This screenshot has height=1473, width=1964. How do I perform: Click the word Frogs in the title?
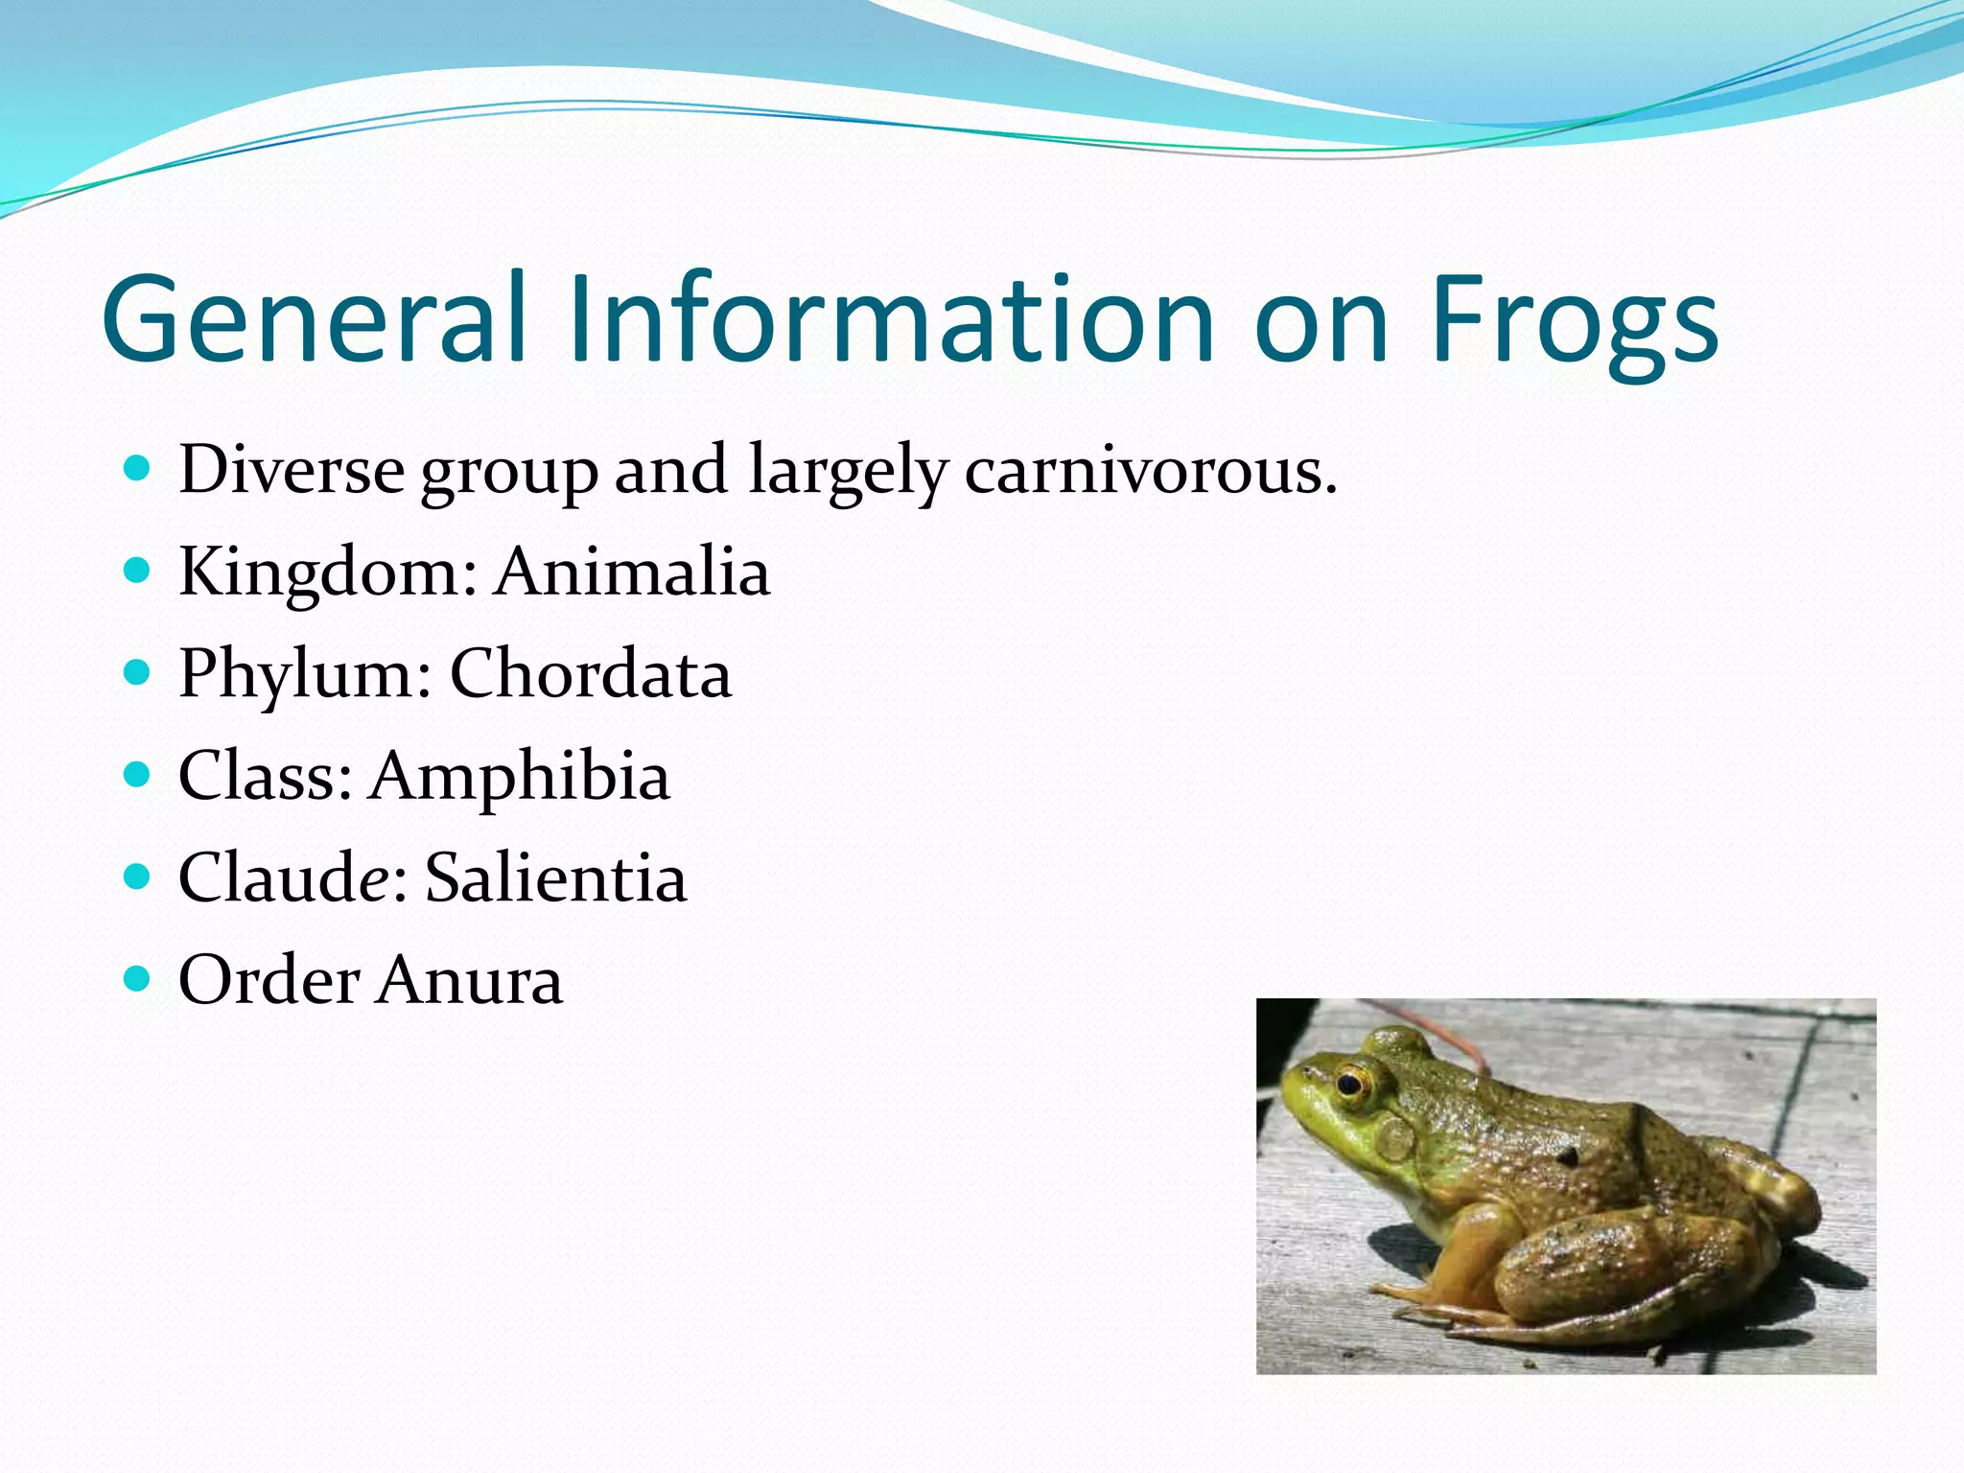click(1573, 321)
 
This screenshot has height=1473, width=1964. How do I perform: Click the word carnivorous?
click(1150, 471)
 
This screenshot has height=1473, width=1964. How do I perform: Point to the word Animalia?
click(632, 573)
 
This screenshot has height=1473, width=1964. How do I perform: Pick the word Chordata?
click(590, 674)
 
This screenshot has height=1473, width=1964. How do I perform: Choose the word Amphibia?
click(520, 776)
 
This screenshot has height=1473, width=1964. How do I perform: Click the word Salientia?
click(555, 877)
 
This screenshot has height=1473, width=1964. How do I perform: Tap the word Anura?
click(469, 980)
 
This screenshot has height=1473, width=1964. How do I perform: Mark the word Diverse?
click(292, 471)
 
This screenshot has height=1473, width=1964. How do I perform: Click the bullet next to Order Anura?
click(138, 979)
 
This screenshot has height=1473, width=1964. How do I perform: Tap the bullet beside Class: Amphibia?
click(138, 775)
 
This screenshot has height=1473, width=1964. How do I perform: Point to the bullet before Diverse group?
click(138, 470)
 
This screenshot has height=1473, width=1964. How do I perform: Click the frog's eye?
click(1351, 1085)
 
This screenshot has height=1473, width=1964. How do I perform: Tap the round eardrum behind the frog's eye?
click(1395, 1140)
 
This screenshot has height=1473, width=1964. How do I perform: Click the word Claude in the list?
click(282, 877)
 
